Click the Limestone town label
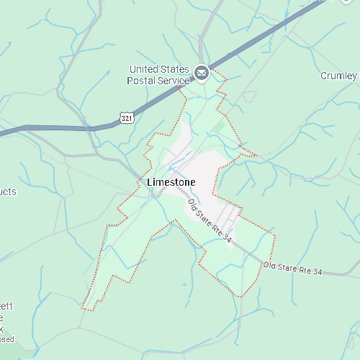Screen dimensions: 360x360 click(171, 183)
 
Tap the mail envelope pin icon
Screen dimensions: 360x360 click(201, 71)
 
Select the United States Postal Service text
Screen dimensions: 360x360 click(158, 75)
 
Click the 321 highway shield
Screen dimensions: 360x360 click(127, 117)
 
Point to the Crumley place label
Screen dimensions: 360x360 click(338, 76)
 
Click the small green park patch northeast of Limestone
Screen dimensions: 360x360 click(218, 127)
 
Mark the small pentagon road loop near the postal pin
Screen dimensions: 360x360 click(249, 96)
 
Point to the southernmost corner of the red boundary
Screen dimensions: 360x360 click(238, 296)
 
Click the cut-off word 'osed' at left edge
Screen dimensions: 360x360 click(6, 339)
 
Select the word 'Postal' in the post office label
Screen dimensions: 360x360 click(142, 81)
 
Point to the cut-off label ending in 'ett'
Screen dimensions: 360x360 click(6, 307)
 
